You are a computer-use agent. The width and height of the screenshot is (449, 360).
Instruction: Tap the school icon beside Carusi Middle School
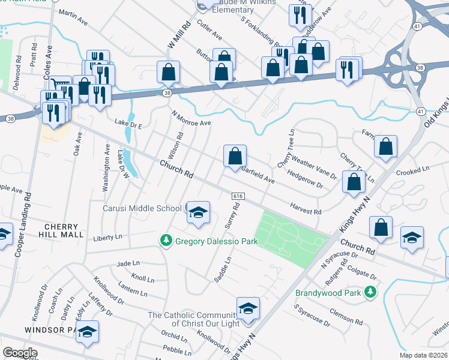pos(197,213)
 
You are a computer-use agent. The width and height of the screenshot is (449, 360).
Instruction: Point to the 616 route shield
pos(238,196)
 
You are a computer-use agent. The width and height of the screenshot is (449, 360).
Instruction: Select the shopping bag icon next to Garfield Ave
pos(235,156)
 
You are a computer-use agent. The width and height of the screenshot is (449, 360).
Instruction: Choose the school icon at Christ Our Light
pos(248,309)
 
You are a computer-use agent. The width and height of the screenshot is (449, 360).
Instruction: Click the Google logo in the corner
pos(20,353)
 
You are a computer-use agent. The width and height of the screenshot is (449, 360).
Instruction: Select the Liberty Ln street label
pos(107,238)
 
